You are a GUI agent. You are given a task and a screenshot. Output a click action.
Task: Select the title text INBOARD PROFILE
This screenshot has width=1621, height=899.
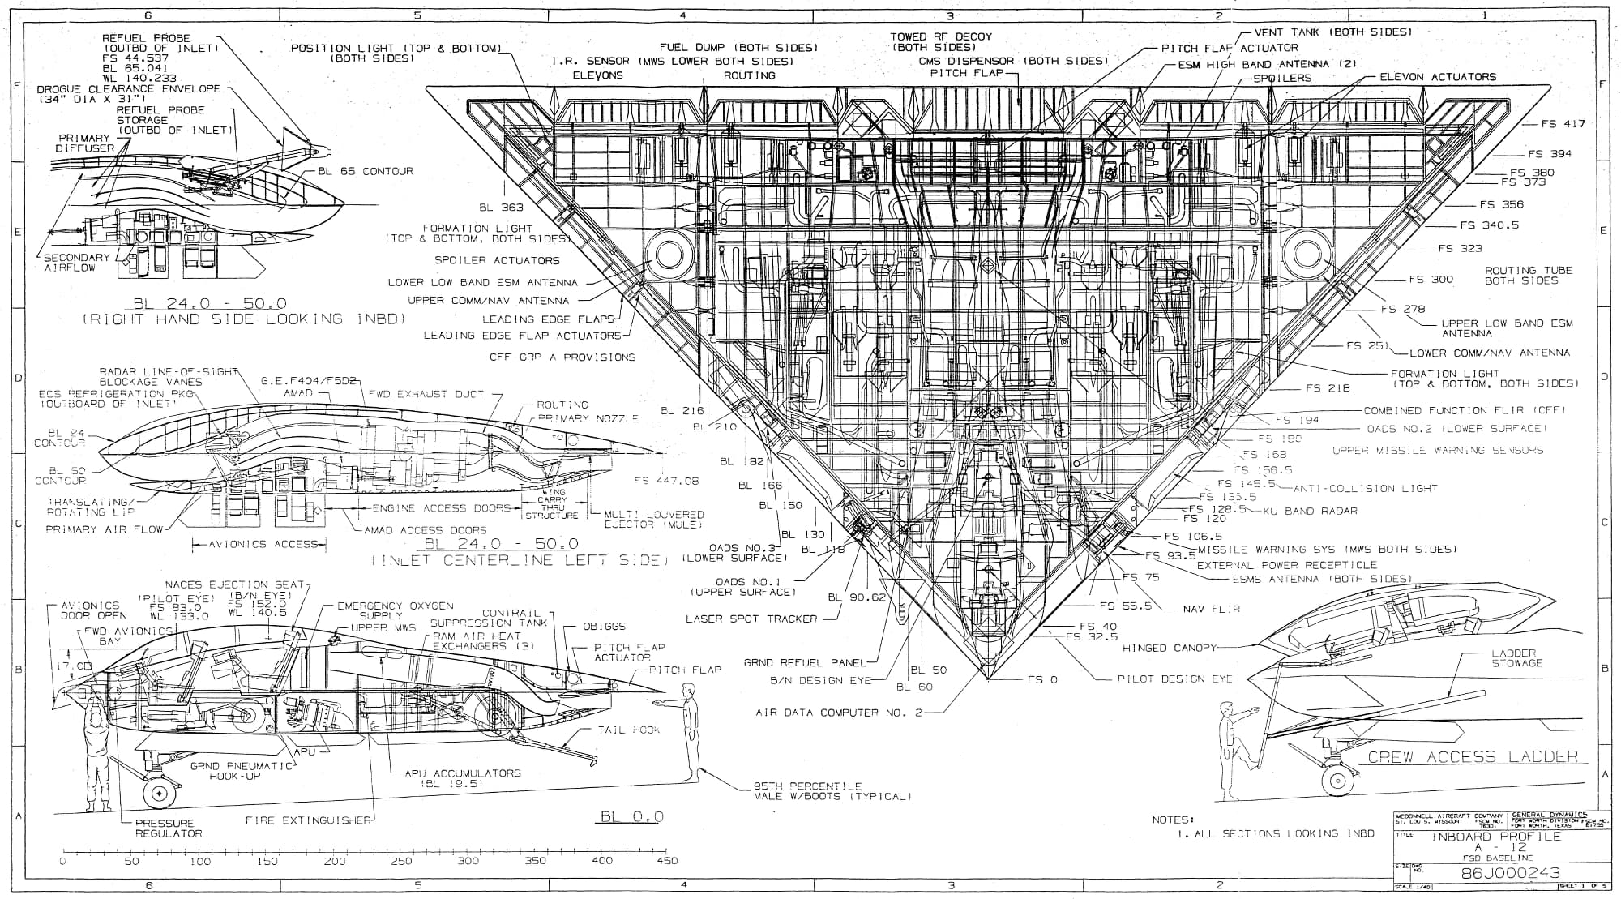(1496, 836)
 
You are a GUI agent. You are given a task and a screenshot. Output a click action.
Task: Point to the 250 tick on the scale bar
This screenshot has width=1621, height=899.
(400, 861)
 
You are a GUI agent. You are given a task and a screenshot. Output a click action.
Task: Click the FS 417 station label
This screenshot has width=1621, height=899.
(1563, 124)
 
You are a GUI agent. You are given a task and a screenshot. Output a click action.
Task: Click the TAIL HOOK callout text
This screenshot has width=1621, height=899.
(628, 730)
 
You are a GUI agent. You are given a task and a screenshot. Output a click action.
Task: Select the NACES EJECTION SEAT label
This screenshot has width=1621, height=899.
(234, 584)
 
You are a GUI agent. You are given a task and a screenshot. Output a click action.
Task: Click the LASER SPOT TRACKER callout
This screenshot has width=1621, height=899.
(751, 619)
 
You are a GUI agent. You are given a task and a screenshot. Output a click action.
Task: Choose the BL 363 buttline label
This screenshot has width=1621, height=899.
(501, 208)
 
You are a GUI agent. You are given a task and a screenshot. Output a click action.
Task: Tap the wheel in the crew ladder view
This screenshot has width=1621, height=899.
(1336, 781)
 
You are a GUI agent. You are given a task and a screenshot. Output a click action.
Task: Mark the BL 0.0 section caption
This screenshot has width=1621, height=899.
(632, 816)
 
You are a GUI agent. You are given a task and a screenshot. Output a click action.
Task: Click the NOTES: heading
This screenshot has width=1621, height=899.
(1173, 820)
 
